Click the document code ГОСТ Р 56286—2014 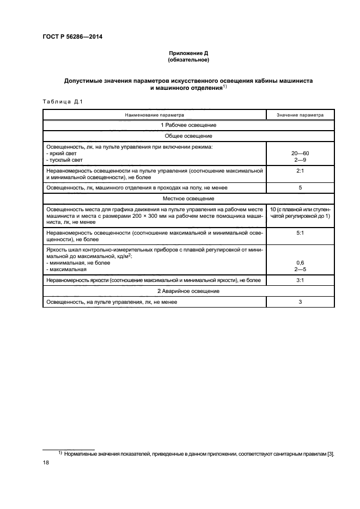point(73,37)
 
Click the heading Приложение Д point(188,53)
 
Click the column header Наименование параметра point(154,115)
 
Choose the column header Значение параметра point(300,115)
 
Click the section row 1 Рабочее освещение point(188,125)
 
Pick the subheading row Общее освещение point(188,136)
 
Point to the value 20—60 point(300,154)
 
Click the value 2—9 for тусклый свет point(300,160)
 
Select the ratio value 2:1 point(300,170)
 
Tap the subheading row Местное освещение point(188,198)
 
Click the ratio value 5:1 point(300,232)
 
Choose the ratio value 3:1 point(300,280)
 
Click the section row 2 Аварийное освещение point(188,291)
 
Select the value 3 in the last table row point(300,302)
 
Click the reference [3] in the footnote point(330,453)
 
